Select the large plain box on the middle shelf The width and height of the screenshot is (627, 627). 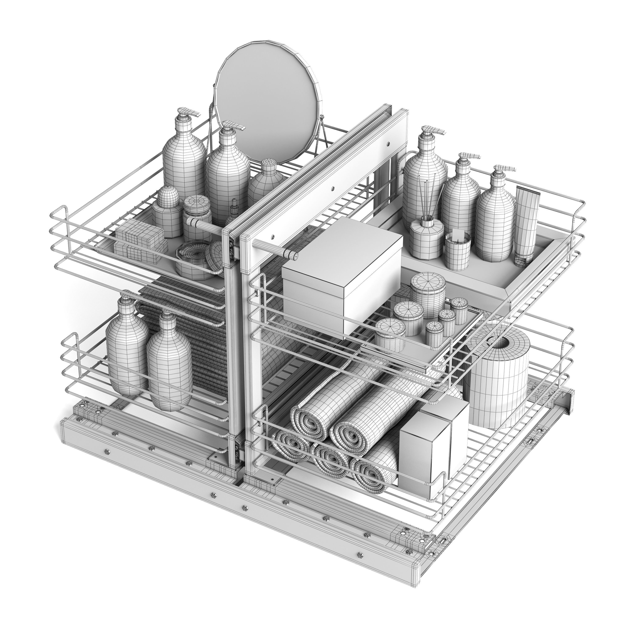[x=341, y=273]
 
